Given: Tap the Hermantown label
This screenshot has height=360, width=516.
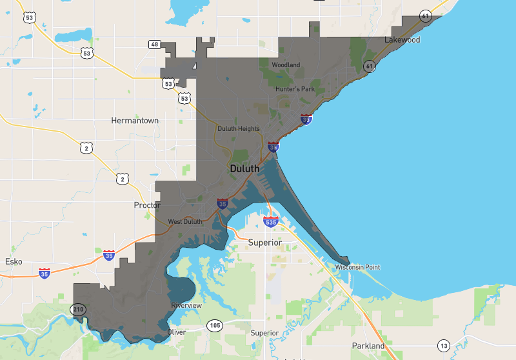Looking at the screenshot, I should [x=135, y=121].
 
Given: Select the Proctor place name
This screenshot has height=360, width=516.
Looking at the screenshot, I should [x=146, y=205].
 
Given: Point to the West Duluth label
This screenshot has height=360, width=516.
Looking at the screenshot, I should [x=185, y=222].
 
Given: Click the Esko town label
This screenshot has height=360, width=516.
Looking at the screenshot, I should [x=14, y=262].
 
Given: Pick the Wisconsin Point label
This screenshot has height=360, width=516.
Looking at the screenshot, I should [x=357, y=267].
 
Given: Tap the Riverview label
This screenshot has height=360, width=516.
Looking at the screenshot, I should [x=186, y=305].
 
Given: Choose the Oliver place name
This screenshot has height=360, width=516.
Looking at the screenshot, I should [x=177, y=332].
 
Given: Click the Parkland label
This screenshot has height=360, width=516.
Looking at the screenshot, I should [x=368, y=346].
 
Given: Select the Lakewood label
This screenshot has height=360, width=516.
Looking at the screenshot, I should [x=402, y=40].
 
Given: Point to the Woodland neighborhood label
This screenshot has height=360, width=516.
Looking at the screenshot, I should [x=286, y=65].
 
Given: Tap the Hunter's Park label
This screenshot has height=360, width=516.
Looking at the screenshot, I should [x=295, y=89].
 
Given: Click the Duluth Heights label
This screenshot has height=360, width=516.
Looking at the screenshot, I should [x=239, y=128].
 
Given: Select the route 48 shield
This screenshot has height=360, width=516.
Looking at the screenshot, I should [x=154, y=45].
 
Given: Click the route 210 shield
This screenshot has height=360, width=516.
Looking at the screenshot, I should [x=78, y=309].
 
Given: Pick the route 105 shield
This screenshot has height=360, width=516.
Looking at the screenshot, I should [x=214, y=326].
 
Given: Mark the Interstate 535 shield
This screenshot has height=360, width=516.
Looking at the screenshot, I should [x=271, y=223].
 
